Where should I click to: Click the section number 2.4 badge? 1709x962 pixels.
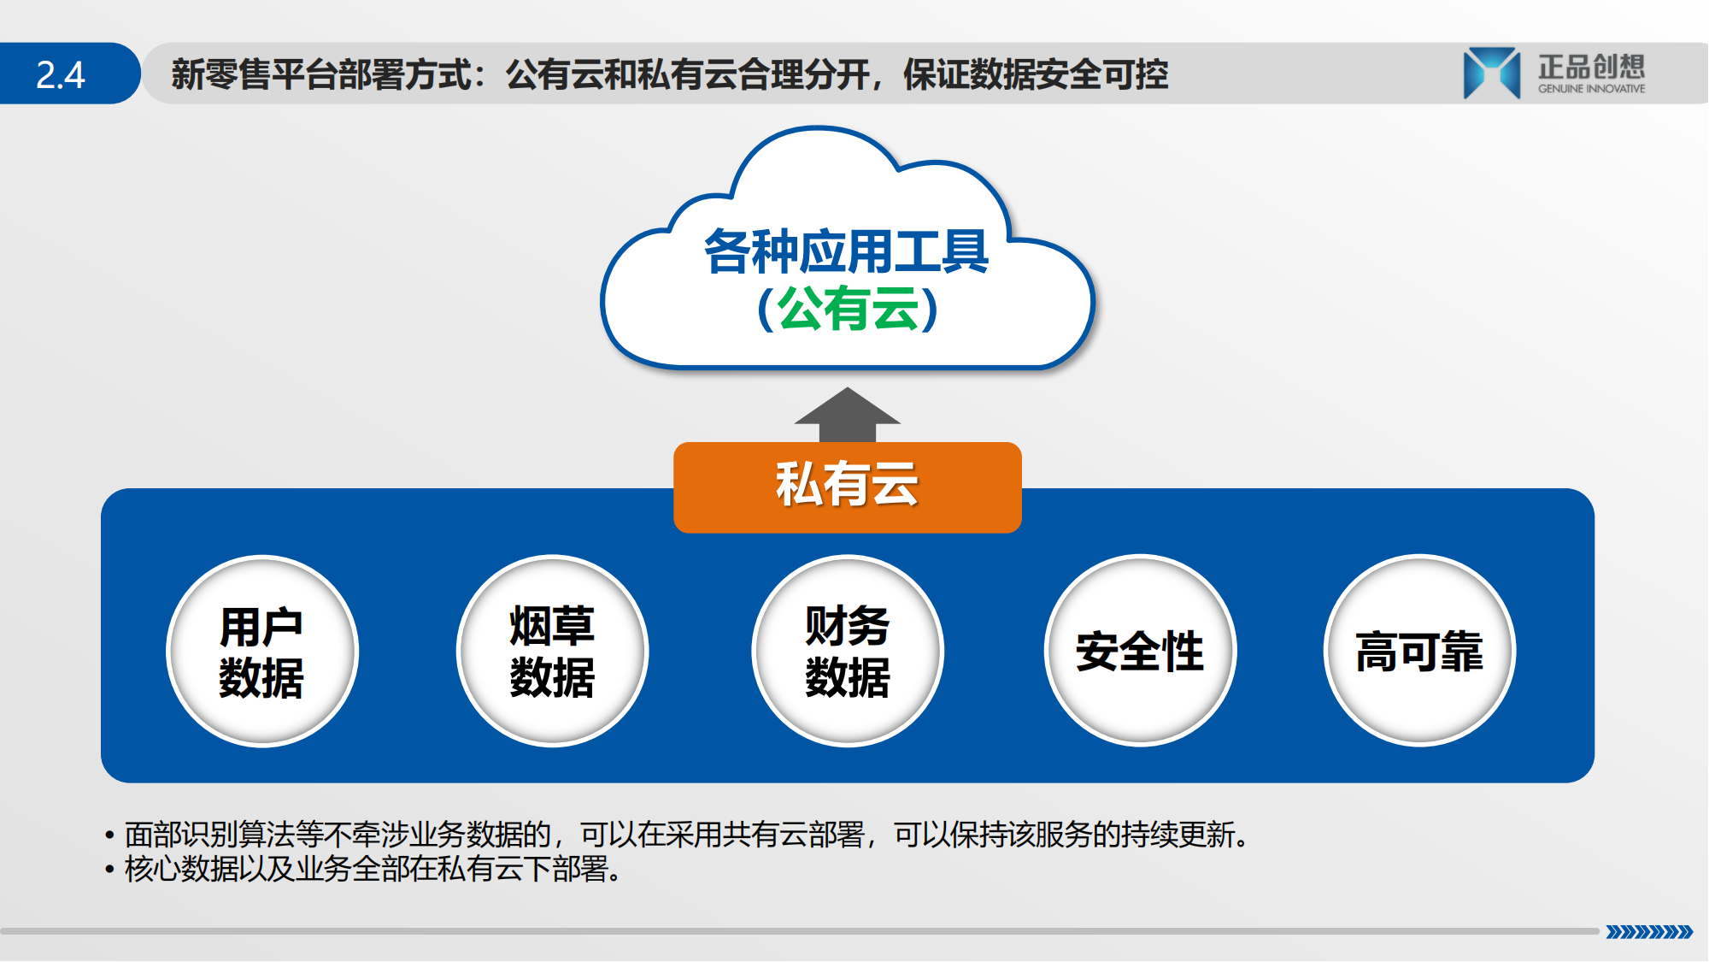(68, 74)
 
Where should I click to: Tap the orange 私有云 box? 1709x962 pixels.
(847, 487)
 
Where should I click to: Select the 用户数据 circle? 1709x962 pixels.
(262, 652)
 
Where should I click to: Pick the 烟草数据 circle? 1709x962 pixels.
(553, 652)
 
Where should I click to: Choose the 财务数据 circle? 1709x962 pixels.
(848, 652)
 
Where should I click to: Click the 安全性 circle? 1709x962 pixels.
(1140, 652)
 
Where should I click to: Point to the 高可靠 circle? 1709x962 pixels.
(1419, 652)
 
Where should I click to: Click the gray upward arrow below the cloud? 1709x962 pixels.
(847, 415)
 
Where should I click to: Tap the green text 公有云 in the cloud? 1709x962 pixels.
(848, 309)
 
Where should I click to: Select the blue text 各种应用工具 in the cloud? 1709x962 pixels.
(846, 251)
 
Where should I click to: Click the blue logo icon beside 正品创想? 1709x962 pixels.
(1491, 74)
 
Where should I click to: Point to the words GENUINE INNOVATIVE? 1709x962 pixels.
(1591, 89)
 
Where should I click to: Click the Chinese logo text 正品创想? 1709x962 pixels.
(1591, 67)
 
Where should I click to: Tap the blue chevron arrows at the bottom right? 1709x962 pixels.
(1649, 932)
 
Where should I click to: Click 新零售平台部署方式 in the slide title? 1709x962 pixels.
(321, 74)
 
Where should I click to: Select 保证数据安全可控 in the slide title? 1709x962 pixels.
(1036, 74)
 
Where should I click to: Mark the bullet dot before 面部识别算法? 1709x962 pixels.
(109, 835)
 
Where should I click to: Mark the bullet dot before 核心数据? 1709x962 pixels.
(109, 871)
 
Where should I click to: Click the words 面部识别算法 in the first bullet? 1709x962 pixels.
(209, 835)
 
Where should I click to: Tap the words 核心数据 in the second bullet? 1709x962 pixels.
(181, 870)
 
